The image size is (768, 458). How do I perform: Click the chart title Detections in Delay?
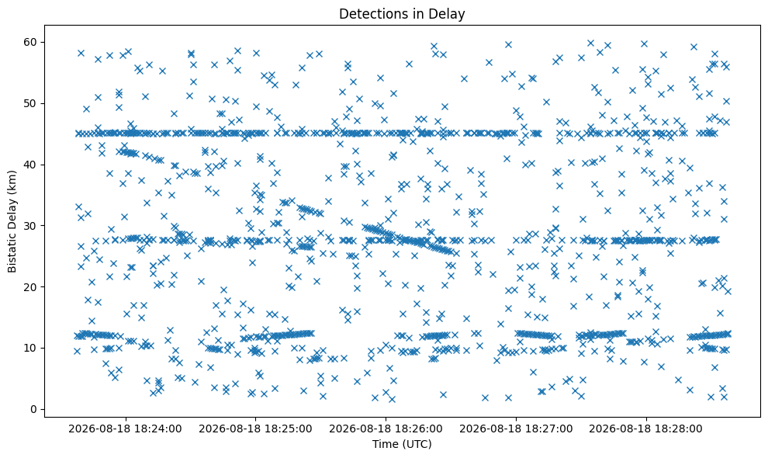click(x=402, y=14)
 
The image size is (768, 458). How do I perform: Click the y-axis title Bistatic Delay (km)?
click(x=12, y=221)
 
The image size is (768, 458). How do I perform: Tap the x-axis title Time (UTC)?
click(x=402, y=444)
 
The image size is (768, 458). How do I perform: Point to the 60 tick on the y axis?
click(x=30, y=42)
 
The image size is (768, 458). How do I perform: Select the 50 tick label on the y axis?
click(x=30, y=103)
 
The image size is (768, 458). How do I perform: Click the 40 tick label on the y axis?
click(x=30, y=165)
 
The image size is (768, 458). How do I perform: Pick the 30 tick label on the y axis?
click(x=30, y=226)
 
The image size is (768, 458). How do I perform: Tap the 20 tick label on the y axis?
click(x=30, y=287)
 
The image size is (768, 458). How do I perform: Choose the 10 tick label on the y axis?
click(x=30, y=349)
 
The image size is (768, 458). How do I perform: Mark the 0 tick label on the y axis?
click(x=34, y=409)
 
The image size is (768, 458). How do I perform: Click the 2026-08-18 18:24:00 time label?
click(x=125, y=429)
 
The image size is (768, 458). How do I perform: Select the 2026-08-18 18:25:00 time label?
click(x=255, y=429)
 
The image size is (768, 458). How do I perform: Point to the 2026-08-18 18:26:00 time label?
click(x=386, y=429)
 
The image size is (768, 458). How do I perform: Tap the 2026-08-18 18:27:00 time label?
click(x=516, y=429)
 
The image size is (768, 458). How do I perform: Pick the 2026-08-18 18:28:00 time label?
click(x=645, y=429)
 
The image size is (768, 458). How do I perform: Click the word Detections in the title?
click(x=370, y=14)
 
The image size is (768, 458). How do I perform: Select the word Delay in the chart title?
click(x=449, y=14)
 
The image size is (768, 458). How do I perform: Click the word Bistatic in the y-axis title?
click(x=12, y=253)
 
